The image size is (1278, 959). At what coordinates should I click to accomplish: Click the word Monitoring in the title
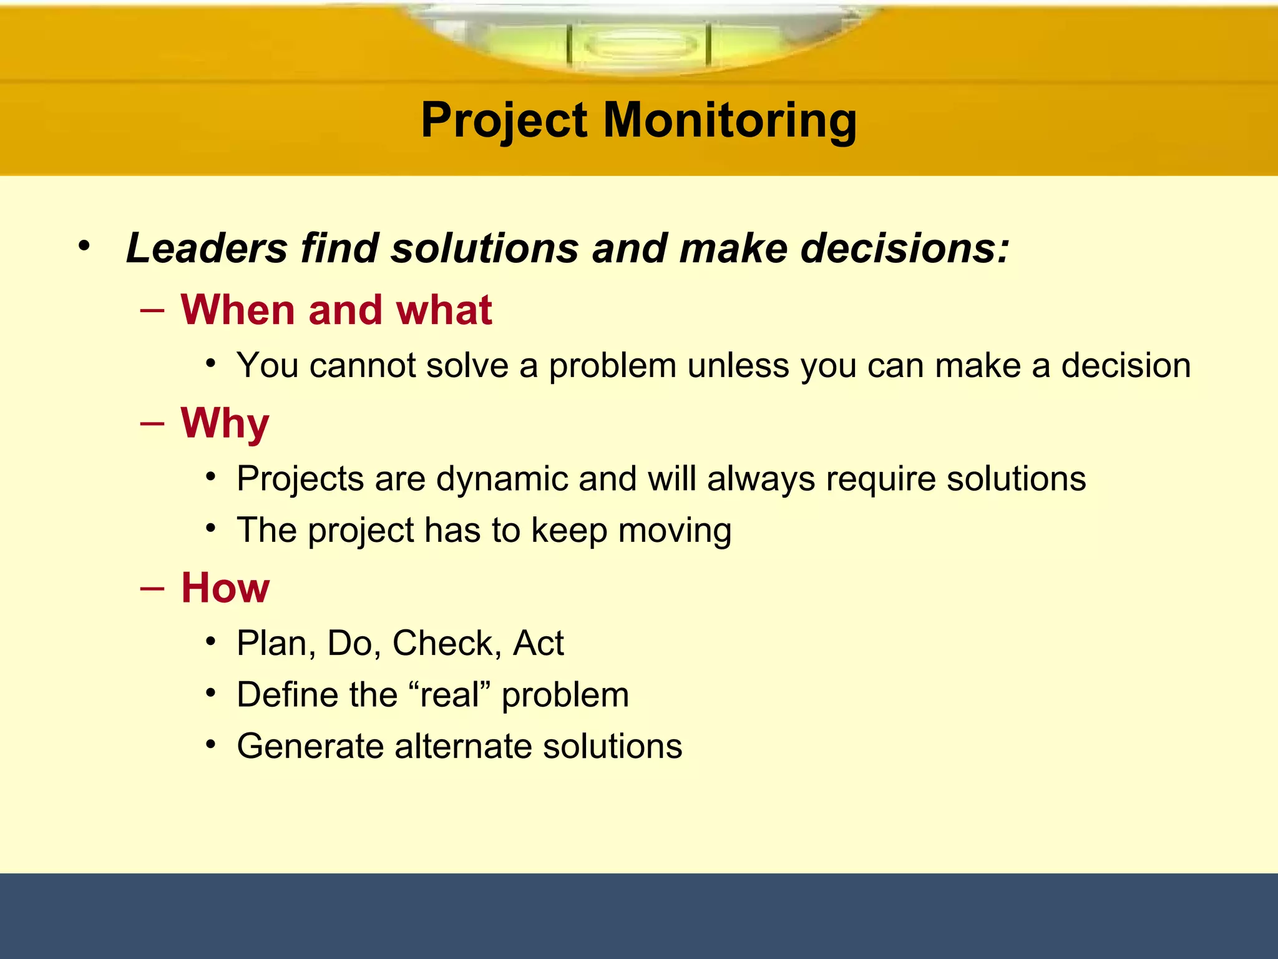click(729, 120)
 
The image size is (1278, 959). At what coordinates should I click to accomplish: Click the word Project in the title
click(504, 120)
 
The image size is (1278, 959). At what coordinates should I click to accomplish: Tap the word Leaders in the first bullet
click(207, 248)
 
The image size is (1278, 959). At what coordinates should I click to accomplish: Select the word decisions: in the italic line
click(905, 248)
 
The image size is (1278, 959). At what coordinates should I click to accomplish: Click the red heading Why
click(225, 424)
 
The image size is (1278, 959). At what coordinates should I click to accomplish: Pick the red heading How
click(225, 588)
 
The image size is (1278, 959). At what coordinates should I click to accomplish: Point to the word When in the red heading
click(238, 310)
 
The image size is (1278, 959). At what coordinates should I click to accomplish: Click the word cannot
click(362, 365)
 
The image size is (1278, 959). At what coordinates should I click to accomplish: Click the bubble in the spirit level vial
click(639, 45)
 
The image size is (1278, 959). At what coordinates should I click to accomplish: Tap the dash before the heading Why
click(153, 424)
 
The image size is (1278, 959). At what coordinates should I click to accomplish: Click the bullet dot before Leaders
click(84, 245)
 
